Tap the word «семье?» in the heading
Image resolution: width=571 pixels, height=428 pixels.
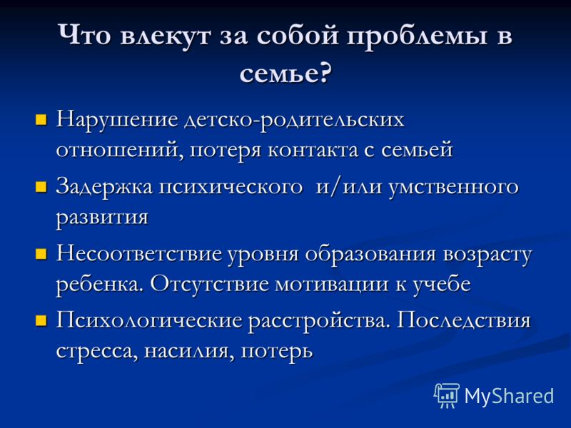pos(286,73)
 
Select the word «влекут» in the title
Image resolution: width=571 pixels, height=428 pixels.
pos(166,36)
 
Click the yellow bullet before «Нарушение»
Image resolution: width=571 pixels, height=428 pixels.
pos(41,120)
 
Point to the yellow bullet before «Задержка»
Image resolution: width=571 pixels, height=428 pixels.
pos(41,187)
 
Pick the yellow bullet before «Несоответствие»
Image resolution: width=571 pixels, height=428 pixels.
pos(41,254)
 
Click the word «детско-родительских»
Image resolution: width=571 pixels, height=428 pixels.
pos(294,120)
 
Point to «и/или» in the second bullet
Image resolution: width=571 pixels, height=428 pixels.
pos(349,187)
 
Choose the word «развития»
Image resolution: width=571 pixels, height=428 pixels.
pos(102,218)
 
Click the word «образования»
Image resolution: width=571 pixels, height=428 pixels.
pos(370,254)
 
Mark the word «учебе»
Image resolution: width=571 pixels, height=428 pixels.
pos(442,284)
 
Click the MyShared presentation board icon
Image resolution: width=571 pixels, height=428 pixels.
pos(446,396)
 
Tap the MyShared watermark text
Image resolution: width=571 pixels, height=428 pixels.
pos(509,397)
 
